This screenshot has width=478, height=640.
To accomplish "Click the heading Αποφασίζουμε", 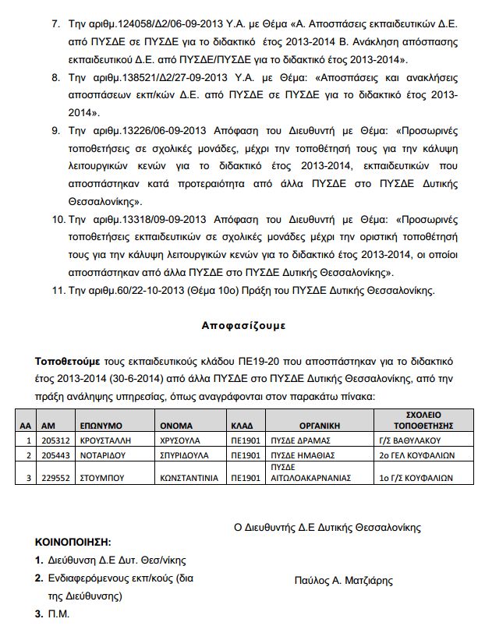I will point(238,326).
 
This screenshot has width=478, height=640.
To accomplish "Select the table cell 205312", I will point(54,440).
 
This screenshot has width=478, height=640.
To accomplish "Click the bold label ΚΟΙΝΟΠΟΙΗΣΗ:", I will point(73,540).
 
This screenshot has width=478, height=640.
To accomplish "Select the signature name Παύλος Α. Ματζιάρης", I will point(343,579).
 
